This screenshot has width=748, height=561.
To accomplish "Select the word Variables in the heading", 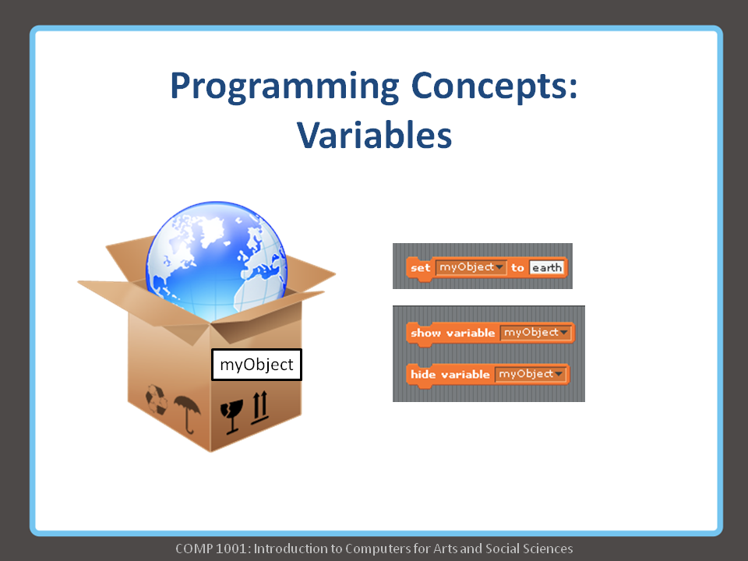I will pos(374,135).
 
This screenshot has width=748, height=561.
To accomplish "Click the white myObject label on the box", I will pos(256,364).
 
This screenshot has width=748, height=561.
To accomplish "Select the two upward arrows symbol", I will pos(259,408).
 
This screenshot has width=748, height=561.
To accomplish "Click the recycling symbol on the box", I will pos(156,400).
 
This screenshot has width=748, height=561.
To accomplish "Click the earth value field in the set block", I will pos(545,268).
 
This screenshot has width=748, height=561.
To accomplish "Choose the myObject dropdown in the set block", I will pos(471,267).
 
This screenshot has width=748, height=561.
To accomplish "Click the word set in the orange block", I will pos(420,268).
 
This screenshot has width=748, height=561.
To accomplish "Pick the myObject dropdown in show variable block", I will pos(535,333).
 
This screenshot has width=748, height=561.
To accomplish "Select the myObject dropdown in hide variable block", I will pos(530,374).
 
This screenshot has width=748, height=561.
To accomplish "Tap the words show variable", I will pos(453,333).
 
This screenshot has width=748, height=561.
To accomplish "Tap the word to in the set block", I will pos(517,268).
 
